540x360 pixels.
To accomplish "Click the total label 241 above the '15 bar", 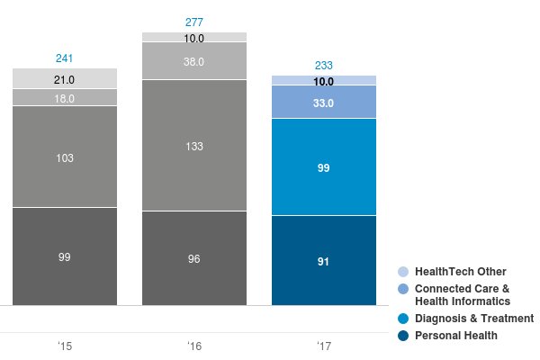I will click(65, 58).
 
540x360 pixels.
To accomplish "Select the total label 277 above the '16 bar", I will click(194, 22).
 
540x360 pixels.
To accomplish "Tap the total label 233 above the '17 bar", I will click(324, 66).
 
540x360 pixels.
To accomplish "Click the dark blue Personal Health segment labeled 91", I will click(324, 261).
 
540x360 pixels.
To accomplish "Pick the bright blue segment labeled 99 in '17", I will click(324, 167).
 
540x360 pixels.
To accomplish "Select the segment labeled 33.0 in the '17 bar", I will click(324, 103).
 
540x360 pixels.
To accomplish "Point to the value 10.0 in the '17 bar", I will click(324, 81).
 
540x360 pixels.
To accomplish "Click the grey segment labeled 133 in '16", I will click(194, 146).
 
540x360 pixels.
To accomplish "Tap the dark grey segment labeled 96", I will click(194, 258).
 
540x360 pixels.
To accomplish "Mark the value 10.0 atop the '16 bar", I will click(194, 38).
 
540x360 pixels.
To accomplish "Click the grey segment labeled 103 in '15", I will click(65, 157).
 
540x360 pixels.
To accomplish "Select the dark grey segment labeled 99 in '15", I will click(65, 256).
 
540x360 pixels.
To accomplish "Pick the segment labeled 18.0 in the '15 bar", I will click(65, 98).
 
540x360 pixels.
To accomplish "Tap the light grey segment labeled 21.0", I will click(65, 79).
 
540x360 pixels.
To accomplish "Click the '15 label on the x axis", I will click(65, 346).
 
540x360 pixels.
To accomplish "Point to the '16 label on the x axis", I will click(194, 346).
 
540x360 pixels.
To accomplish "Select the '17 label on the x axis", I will click(324, 346).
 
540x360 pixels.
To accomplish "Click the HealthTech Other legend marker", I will click(403, 272).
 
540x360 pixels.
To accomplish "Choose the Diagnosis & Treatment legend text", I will click(473, 319).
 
